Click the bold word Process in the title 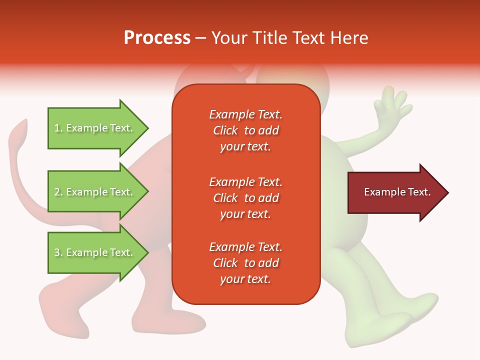[157, 38]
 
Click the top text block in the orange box [245, 130]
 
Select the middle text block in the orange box [245, 197]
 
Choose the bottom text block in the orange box [245, 263]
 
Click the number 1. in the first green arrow [58, 128]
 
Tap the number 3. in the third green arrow [58, 252]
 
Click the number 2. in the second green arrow [58, 192]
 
